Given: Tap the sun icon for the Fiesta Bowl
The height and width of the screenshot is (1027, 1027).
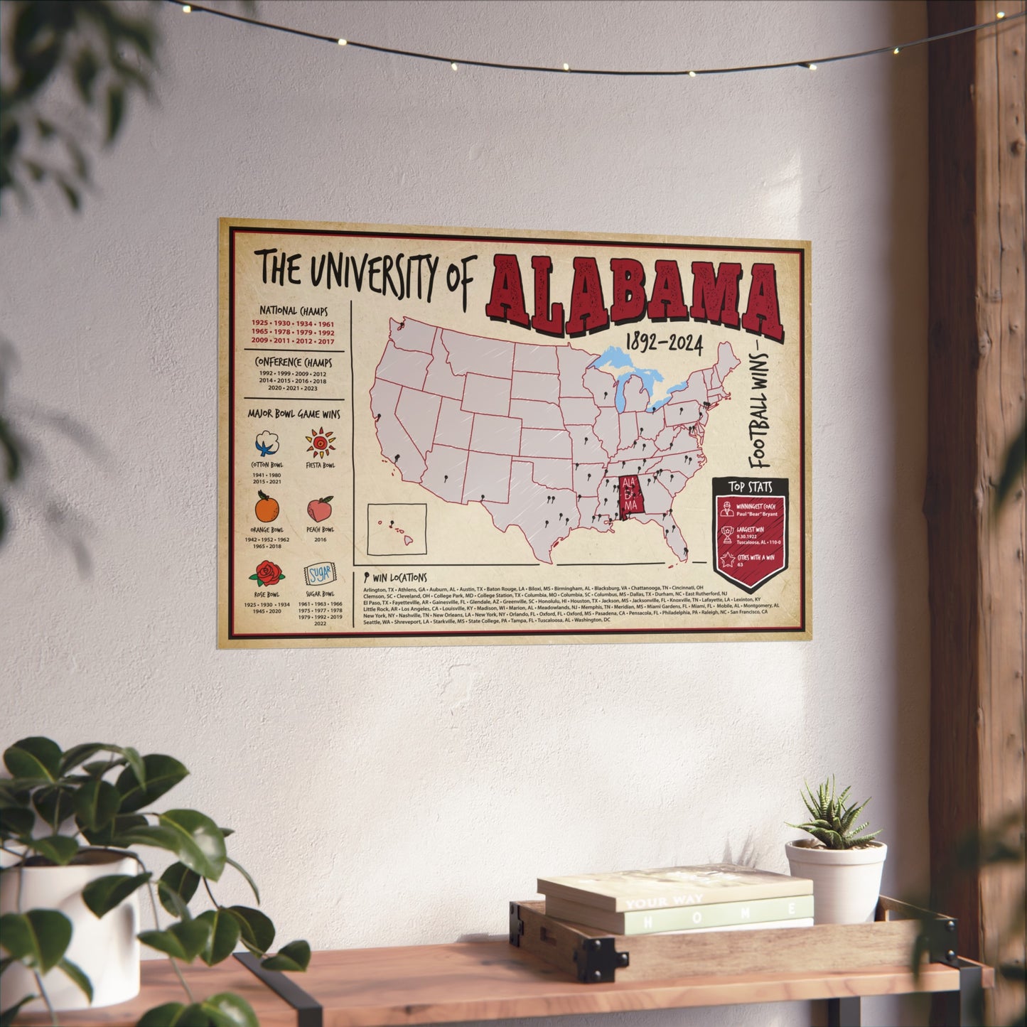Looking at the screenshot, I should click(x=321, y=443).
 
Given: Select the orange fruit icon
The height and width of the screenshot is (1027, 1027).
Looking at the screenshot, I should click(x=267, y=507).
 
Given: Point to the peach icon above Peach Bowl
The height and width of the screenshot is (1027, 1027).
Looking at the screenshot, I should click(x=321, y=509).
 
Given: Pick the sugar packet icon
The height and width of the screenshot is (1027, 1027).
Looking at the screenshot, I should click(x=318, y=574).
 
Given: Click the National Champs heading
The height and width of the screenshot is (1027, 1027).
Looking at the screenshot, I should click(x=293, y=311).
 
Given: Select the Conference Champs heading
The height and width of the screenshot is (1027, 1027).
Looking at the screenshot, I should click(x=294, y=362).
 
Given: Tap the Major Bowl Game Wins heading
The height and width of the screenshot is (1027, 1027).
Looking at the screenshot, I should click(x=294, y=414).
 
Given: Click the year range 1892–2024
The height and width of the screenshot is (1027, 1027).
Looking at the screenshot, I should click(x=664, y=345).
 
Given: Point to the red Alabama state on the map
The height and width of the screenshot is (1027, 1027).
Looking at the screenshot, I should click(x=630, y=495).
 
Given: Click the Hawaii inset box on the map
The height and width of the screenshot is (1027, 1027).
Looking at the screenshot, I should click(x=397, y=529).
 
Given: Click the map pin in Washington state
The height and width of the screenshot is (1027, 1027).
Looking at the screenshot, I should click(x=402, y=324).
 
